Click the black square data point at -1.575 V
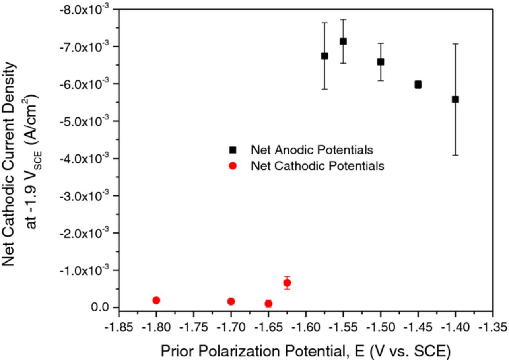[324, 56]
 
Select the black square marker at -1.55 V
[343, 41]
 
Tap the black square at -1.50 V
[381, 62]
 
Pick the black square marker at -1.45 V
[418, 84]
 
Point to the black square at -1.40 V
[455, 99]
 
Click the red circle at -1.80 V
[156, 300]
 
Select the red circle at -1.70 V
[231, 302]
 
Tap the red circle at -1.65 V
[268, 304]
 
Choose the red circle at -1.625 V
[287, 283]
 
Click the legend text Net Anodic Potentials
[312, 150]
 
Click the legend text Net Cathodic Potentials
[317, 166]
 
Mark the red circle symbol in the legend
[233, 166]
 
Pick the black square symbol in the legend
[233, 150]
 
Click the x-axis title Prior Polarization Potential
[305, 351]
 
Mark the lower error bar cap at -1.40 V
[455, 155]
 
